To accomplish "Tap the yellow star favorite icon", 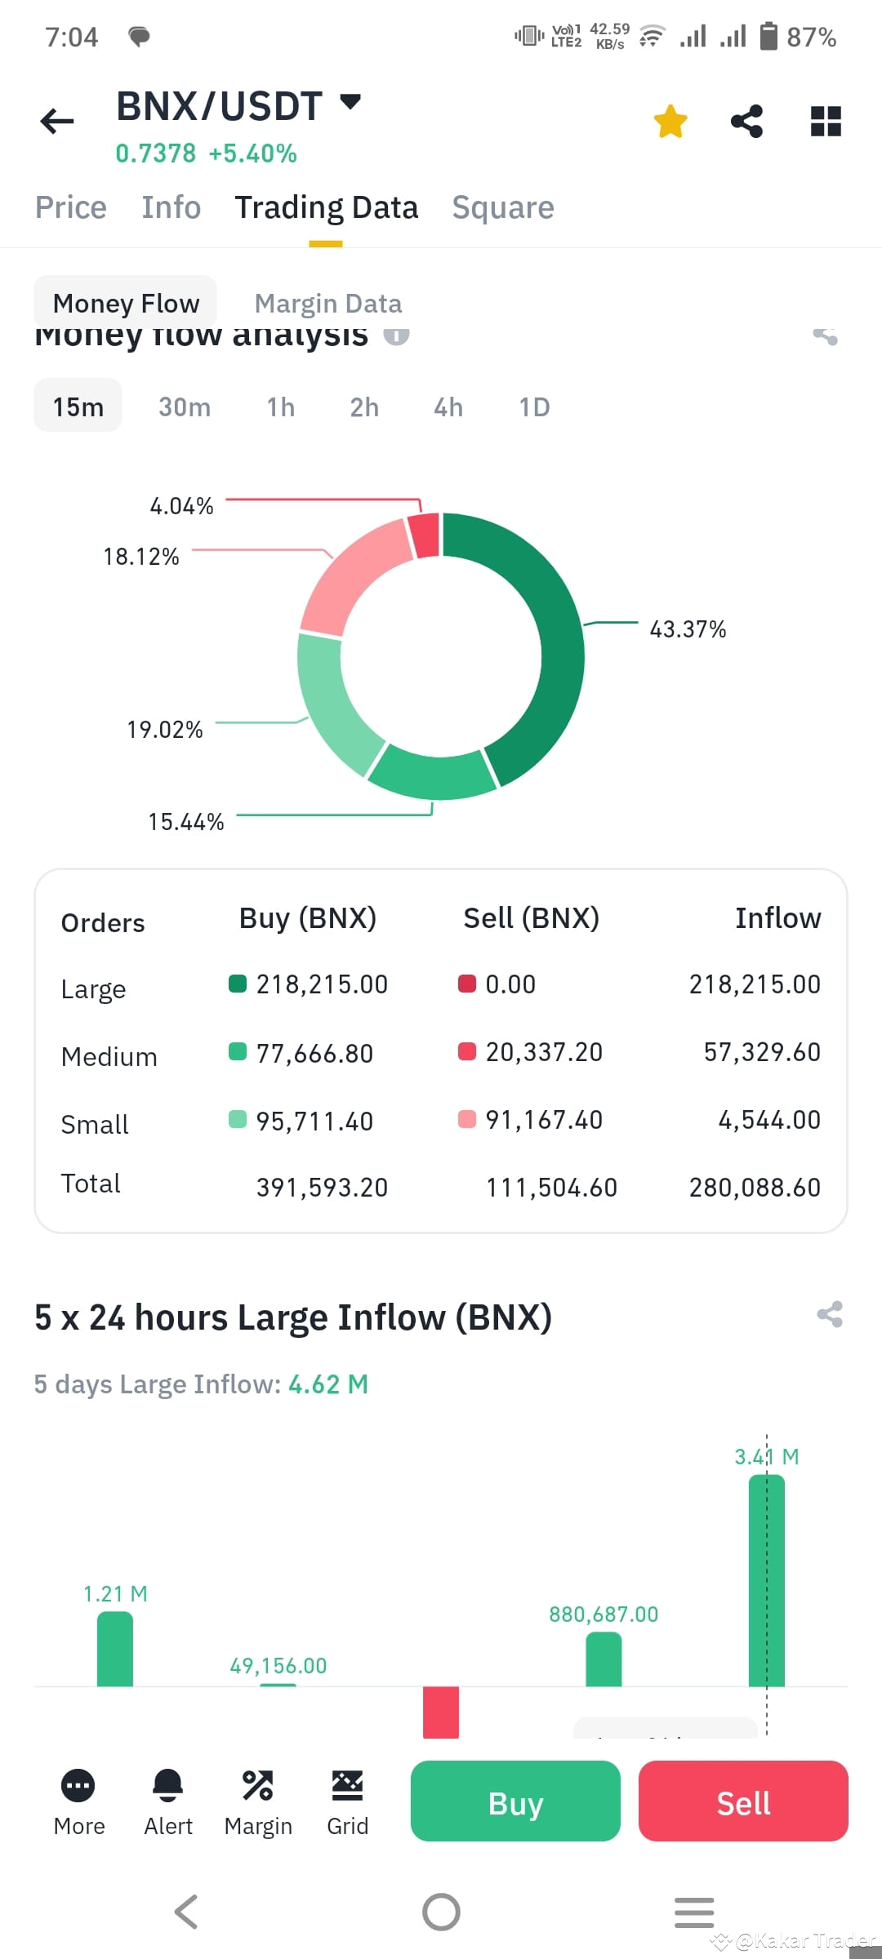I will tap(670, 122).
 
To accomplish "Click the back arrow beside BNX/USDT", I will tap(57, 122).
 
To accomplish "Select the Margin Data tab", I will tap(327, 304).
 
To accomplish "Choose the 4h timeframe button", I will tap(448, 406).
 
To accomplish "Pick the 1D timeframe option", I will tap(534, 406).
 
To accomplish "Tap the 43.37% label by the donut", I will tap(688, 629).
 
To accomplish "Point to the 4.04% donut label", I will tap(181, 506).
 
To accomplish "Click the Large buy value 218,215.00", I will tap(322, 984).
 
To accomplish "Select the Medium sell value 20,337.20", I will tap(544, 1052).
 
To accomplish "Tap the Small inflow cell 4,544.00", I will tap(768, 1120).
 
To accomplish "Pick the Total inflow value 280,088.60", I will tap(755, 1188).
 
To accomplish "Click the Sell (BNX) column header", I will tap(531, 918).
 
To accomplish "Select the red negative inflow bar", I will tap(440, 1712).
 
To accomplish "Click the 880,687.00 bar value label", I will tap(604, 1615).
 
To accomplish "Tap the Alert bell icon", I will tap(168, 1785).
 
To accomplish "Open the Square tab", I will tap(503, 207).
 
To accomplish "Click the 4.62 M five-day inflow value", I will tap(328, 1384).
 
